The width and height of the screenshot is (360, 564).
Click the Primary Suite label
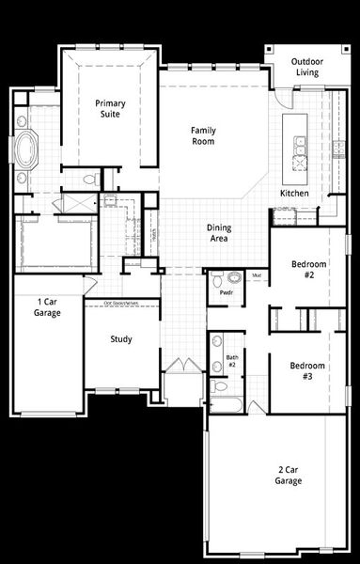(x=109, y=110)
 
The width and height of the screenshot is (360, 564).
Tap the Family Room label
(x=203, y=135)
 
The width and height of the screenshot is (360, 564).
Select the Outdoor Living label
(x=307, y=66)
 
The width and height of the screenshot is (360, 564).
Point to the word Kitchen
(x=294, y=194)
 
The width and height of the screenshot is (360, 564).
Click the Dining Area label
(x=220, y=233)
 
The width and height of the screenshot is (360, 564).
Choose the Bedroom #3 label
(x=307, y=369)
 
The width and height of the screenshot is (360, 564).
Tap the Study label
(x=120, y=339)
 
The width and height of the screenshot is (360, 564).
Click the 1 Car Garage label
(x=48, y=306)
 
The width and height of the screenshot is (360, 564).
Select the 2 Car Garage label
(x=288, y=475)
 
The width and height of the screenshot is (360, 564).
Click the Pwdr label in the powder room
(x=227, y=293)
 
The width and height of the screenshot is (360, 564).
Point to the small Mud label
(x=257, y=275)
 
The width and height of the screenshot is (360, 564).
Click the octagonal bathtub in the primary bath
(x=25, y=149)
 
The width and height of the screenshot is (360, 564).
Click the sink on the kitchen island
(x=300, y=146)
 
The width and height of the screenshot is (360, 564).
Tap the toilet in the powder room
(x=215, y=279)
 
